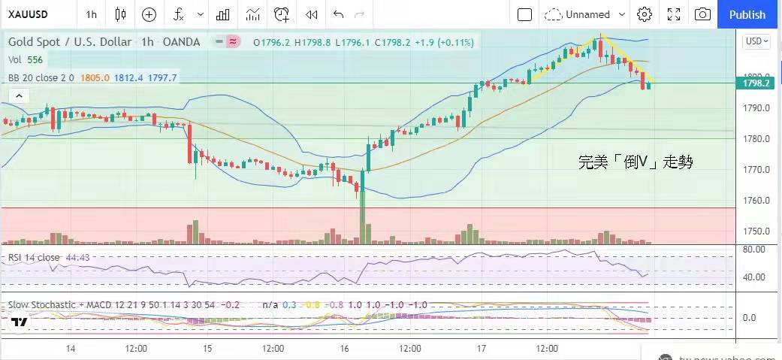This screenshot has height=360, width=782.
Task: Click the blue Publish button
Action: click(747, 14)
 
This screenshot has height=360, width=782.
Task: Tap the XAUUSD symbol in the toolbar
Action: click(29, 14)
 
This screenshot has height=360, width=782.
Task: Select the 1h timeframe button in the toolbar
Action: click(91, 14)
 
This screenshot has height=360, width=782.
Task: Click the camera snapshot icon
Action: click(702, 14)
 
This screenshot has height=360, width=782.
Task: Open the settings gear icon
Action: click(644, 14)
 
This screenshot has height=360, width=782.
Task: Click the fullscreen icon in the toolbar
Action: click(674, 14)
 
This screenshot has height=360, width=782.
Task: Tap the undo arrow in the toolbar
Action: click(338, 14)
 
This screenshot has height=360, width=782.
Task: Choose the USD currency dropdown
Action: click(756, 42)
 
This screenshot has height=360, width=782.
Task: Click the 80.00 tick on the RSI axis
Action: click(754, 249)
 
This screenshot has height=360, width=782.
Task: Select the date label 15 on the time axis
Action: click(208, 349)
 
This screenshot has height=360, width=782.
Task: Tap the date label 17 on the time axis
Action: click(480, 349)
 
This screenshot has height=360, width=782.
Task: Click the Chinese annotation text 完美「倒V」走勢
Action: click(635, 162)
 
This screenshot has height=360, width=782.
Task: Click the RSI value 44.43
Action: click(78, 257)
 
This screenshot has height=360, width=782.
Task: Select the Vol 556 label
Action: click(26, 59)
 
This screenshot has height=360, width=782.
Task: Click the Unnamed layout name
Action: click(587, 14)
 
